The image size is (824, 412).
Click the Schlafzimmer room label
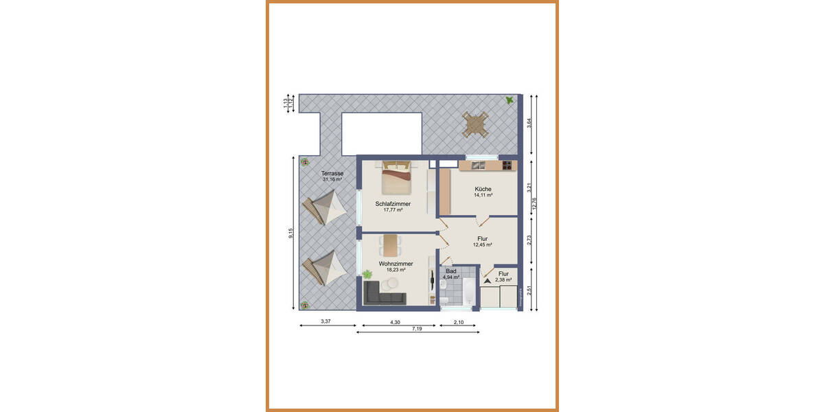click(393, 204)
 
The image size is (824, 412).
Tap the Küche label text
click(483, 189)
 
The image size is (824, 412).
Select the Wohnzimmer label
click(396, 264)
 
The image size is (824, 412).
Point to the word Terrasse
click(332, 174)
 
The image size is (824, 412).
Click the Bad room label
click(451, 271)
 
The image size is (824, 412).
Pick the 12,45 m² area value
click(483, 245)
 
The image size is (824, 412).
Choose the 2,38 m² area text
click(504, 279)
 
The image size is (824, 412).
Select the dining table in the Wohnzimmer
click(391, 244)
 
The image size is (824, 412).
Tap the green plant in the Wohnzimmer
click(367, 274)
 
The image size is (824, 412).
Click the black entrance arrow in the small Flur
click(487, 280)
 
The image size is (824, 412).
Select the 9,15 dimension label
click(292, 233)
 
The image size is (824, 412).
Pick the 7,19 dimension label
click(417, 330)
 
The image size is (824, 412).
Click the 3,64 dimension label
click(528, 123)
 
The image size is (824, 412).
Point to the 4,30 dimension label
click(396, 321)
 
